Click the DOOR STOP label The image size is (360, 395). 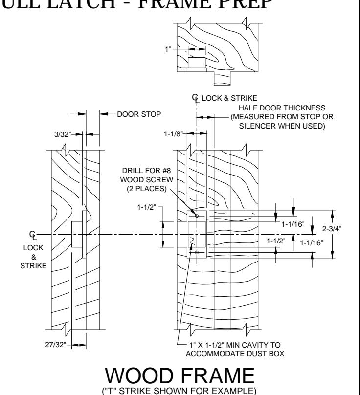coord(139,114)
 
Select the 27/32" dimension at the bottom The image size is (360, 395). coord(55,345)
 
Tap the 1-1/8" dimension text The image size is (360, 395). coord(173,134)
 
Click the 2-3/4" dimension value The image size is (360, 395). coord(332,229)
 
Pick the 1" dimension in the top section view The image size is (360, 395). coord(168,49)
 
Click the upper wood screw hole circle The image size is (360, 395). coord(197,216)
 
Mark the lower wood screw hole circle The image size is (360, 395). coord(197,252)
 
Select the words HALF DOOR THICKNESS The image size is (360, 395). coord(282,108)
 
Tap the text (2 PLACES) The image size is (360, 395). coord(147,189)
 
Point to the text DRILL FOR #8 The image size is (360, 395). coord(146,171)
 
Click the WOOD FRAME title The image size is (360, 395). coord(180,375)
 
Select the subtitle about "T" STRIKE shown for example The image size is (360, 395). coord(179,391)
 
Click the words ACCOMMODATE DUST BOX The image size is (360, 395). coord(235,354)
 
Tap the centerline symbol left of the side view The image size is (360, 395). coord(33,235)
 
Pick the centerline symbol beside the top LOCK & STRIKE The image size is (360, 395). coord(196,98)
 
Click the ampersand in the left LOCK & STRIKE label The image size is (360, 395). coord(34,257)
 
